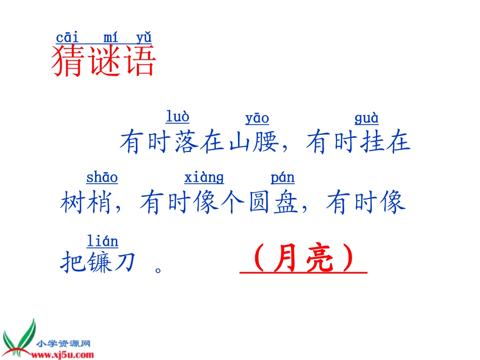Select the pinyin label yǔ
[x=144, y=38]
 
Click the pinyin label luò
[x=177, y=117]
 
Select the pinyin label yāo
[x=257, y=119]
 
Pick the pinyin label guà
[x=366, y=119]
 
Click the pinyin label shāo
[x=102, y=178]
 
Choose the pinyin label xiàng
[x=204, y=178]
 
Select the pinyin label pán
[x=282, y=178]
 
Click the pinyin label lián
[x=103, y=241]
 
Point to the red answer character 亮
[x=320, y=261]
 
